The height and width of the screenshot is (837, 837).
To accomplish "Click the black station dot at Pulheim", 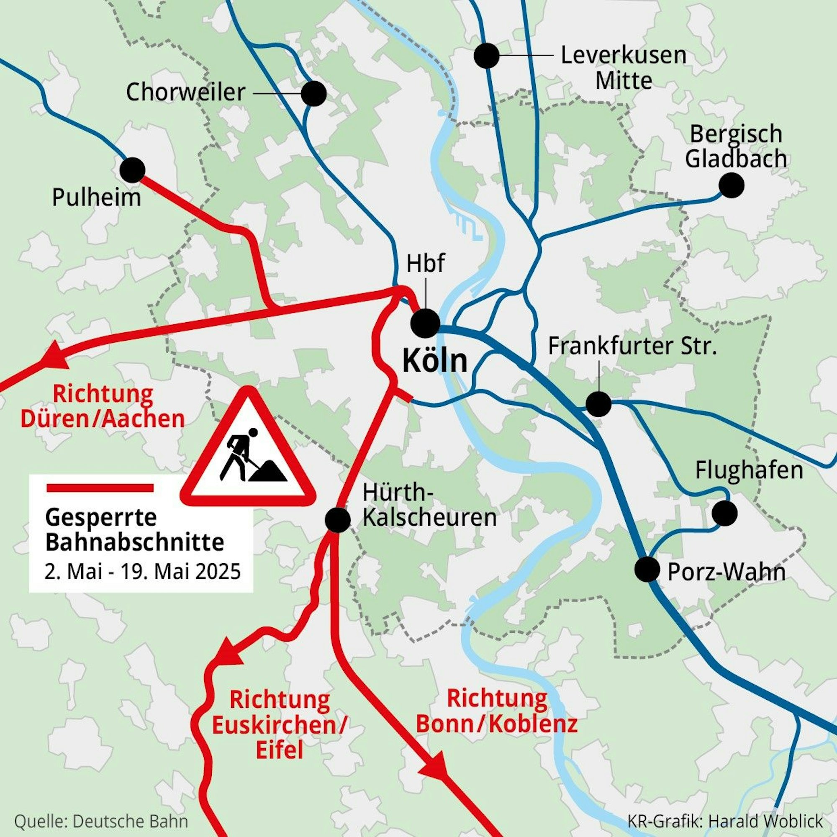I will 132,170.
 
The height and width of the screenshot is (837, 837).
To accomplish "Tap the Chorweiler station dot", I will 313,93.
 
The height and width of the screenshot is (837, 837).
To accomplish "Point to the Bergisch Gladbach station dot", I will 731,185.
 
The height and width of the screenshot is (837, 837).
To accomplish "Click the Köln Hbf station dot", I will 425,323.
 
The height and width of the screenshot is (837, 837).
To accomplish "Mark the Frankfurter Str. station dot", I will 599,404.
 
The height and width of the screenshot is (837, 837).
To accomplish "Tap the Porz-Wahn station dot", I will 647,569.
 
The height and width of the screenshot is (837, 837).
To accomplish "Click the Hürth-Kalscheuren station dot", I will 337,520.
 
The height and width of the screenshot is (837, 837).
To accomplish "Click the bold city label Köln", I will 435,361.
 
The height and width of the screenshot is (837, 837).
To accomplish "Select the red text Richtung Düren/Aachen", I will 103,407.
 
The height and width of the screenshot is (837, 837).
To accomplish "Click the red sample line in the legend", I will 100,488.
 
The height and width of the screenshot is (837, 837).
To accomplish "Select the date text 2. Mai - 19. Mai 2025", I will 143,571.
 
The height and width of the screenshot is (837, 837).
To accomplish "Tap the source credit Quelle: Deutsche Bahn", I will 101,822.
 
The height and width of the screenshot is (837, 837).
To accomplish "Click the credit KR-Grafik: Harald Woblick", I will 725,822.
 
